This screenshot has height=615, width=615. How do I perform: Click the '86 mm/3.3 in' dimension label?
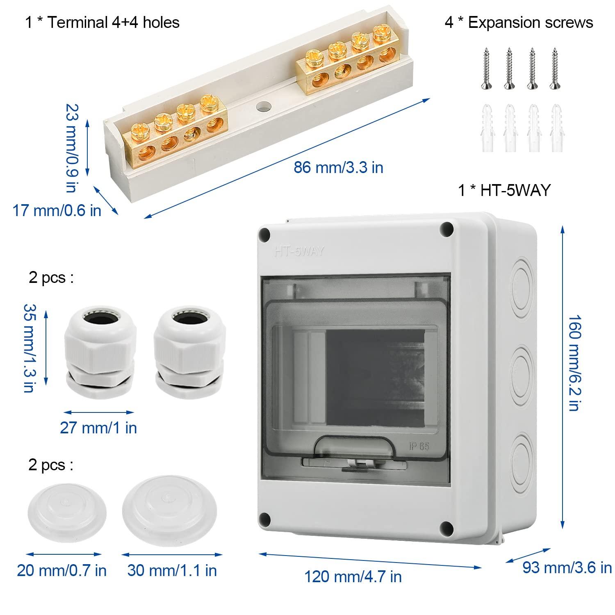338,167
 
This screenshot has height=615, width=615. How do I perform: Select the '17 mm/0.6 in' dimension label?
57,211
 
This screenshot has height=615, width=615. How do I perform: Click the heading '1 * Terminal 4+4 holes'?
102,22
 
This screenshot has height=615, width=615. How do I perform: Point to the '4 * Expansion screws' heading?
519,23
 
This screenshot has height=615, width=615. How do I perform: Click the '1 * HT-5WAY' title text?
504,190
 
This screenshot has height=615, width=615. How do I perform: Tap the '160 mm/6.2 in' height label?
574,363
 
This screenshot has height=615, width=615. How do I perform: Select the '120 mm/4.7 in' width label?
353,577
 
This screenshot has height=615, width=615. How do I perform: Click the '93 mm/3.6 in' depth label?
567,567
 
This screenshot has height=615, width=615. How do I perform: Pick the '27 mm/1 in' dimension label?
98,428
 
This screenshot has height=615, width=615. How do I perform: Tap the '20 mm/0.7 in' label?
61,570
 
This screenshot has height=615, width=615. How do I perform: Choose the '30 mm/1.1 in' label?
172,570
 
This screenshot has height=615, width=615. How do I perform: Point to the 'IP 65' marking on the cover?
419,446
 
